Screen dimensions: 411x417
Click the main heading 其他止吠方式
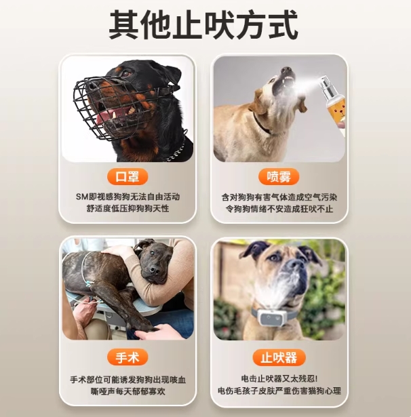203,25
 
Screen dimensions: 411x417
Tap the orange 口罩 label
128,176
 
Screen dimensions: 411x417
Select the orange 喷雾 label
279,176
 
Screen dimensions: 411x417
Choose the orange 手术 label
128,357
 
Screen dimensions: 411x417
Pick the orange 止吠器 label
279,358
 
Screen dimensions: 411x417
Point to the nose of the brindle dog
154,270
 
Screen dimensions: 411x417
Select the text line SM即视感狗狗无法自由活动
128,197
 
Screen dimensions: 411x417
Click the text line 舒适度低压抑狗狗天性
128,208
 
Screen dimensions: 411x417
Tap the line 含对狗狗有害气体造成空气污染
279,197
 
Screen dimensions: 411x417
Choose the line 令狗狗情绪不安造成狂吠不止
279,209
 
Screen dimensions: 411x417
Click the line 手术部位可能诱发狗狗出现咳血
128,380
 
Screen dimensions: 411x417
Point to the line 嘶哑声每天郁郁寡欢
128,391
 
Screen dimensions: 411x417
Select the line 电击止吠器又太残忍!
279,379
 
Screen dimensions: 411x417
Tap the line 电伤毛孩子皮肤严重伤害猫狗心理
279,391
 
